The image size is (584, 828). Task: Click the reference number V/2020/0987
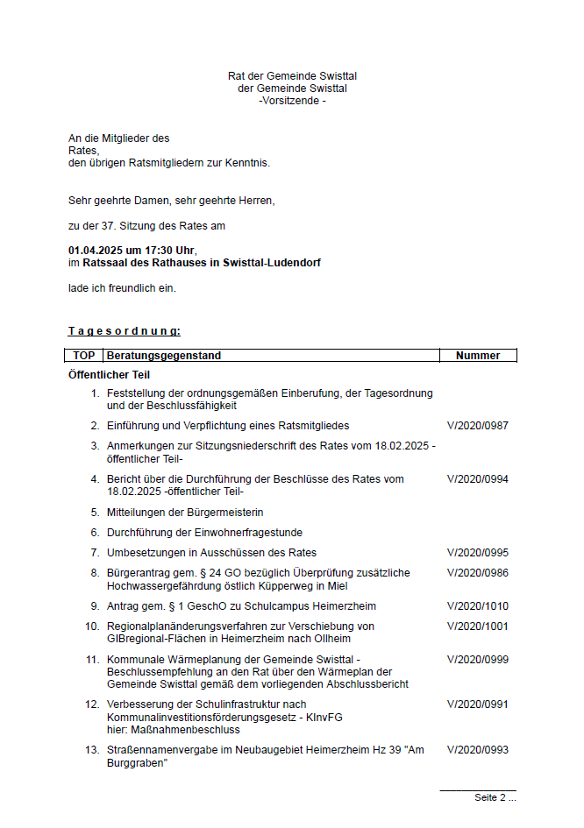pyautogui.click(x=477, y=426)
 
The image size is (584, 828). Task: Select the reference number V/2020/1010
pyautogui.click(x=477, y=606)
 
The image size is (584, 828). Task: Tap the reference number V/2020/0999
pyautogui.click(x=477, y=659)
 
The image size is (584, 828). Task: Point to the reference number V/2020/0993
pyautogui.click(x=477, y=750)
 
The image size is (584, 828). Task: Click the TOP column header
pyautogui.click(x=84, y=356)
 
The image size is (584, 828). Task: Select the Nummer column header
pyautogui.click(x=478, y=356)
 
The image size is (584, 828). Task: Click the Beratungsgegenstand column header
pyautogui.click(x=164, y=356)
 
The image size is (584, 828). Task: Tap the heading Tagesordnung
pyautogui.click(x=125, y=331)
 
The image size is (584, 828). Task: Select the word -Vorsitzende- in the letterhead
pyautogui.click(x=292, y=101)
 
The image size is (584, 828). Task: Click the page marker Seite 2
pyautogui.click(x=494, y=798)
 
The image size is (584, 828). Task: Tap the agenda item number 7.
pyautogui.click(x=95, y=553)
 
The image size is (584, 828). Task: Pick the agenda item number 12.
pyautogui.click(x=92, y=704)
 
